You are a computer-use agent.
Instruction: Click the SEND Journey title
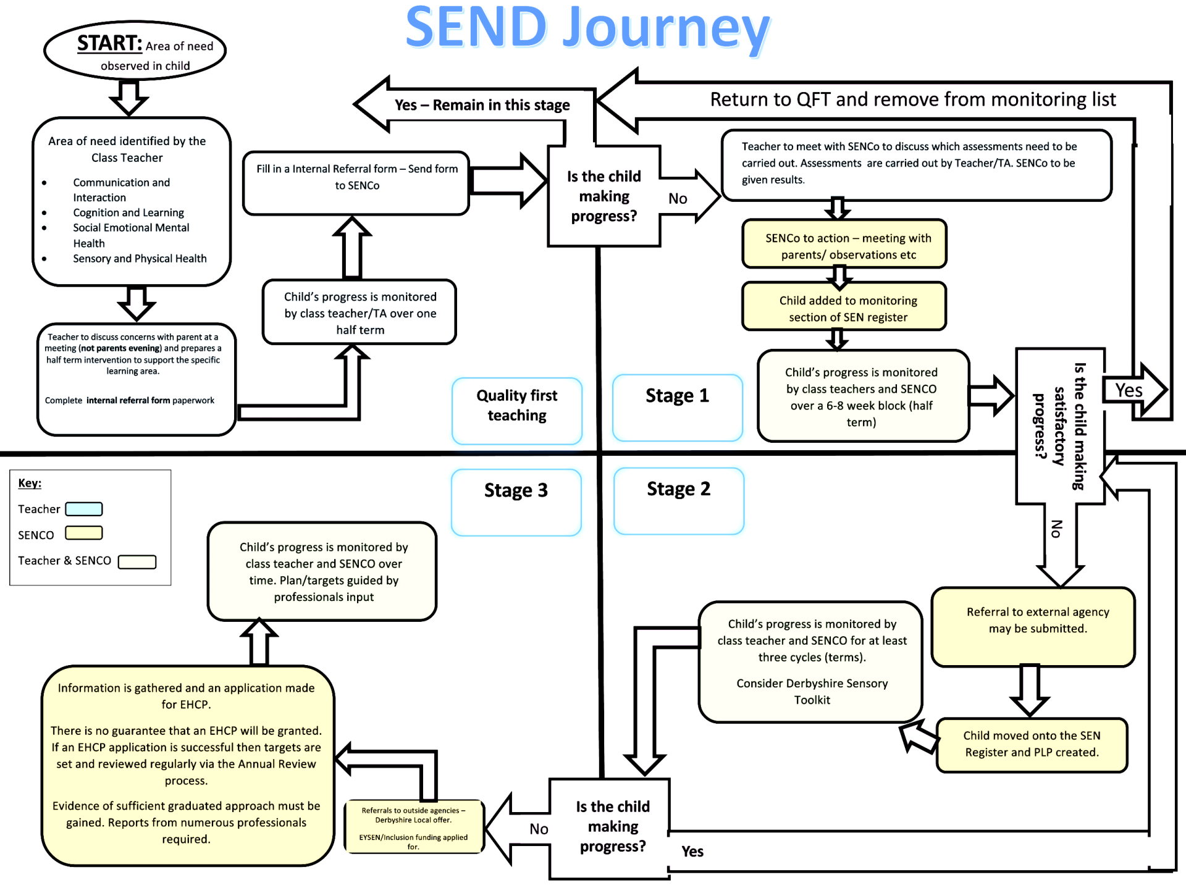[587, 28]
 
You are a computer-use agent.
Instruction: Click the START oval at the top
[135, 51]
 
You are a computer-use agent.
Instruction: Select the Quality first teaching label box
[517, 411]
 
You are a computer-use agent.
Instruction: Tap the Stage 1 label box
[678, 407]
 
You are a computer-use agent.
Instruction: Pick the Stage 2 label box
[679, 500]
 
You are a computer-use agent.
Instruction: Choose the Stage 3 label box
[516, 501]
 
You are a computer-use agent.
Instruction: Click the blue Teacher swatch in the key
[84, 509]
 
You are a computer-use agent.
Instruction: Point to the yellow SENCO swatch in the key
[84, 533]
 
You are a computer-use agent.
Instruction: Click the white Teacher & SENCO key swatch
[137, 561]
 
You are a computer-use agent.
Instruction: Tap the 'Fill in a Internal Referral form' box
[356, 183]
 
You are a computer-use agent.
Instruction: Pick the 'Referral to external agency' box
[1033, 626]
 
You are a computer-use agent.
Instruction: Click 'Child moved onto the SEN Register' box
[1032, 744]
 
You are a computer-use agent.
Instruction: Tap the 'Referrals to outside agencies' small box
[413, 827]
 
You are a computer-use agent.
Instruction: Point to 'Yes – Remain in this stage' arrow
[482, 105]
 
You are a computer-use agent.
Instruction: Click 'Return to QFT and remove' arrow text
[912, 100]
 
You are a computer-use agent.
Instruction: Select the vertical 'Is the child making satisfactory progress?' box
[1060, 426]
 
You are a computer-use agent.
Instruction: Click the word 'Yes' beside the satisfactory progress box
[1129, 390]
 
